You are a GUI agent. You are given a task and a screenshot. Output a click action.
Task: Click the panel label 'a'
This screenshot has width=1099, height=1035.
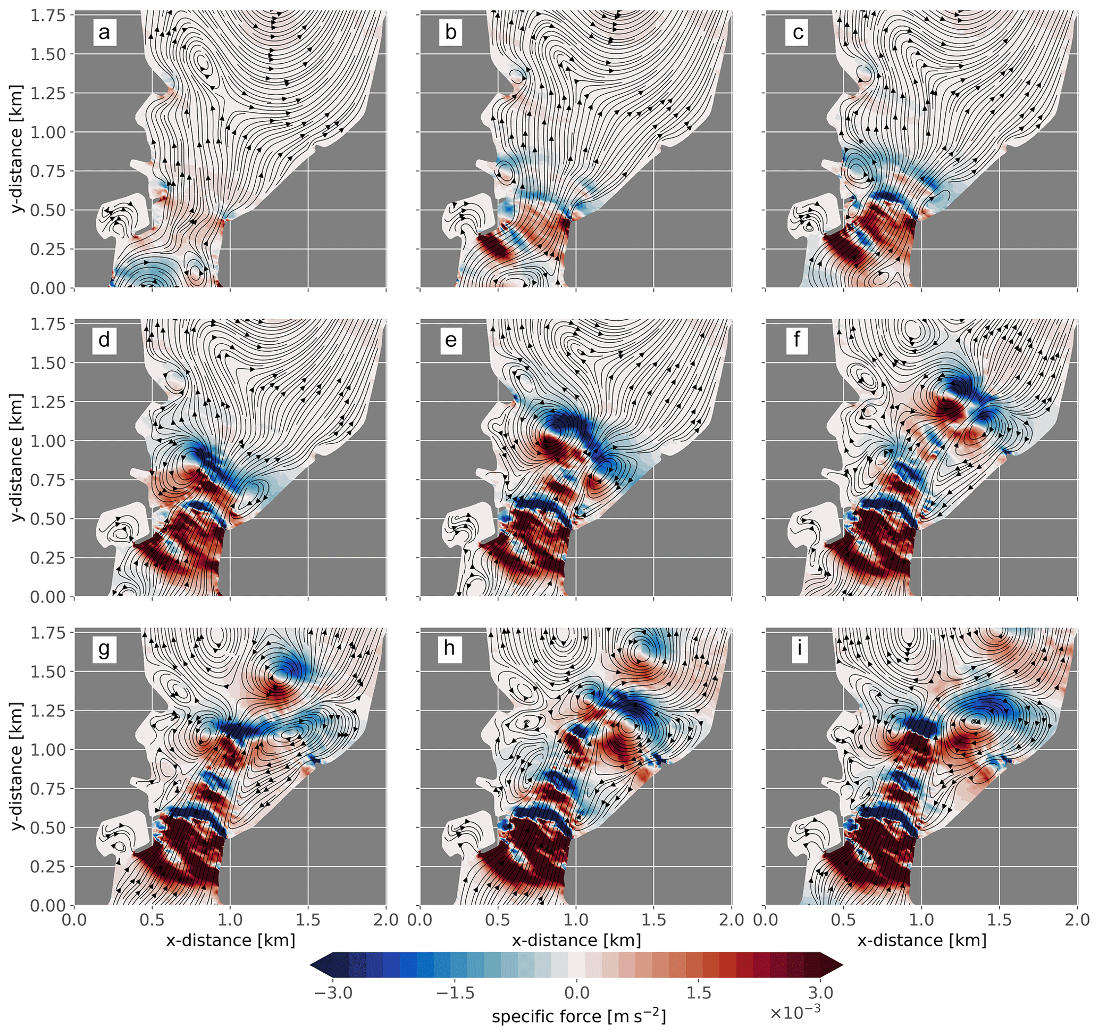click(x=104, y=32)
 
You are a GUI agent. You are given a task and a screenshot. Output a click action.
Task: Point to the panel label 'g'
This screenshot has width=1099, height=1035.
click(x=104, y=648)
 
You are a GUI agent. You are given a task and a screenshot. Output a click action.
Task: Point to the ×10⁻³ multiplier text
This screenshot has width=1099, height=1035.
click(x=795, y=1012)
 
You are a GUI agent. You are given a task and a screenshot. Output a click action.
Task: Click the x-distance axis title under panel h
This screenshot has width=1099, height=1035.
click(x=576, y=940)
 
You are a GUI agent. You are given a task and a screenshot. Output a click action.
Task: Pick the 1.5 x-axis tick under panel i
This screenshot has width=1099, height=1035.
click(x=1000, y=920)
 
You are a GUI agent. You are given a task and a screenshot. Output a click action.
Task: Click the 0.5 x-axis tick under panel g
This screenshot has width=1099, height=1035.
click(x=152, y=920)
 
